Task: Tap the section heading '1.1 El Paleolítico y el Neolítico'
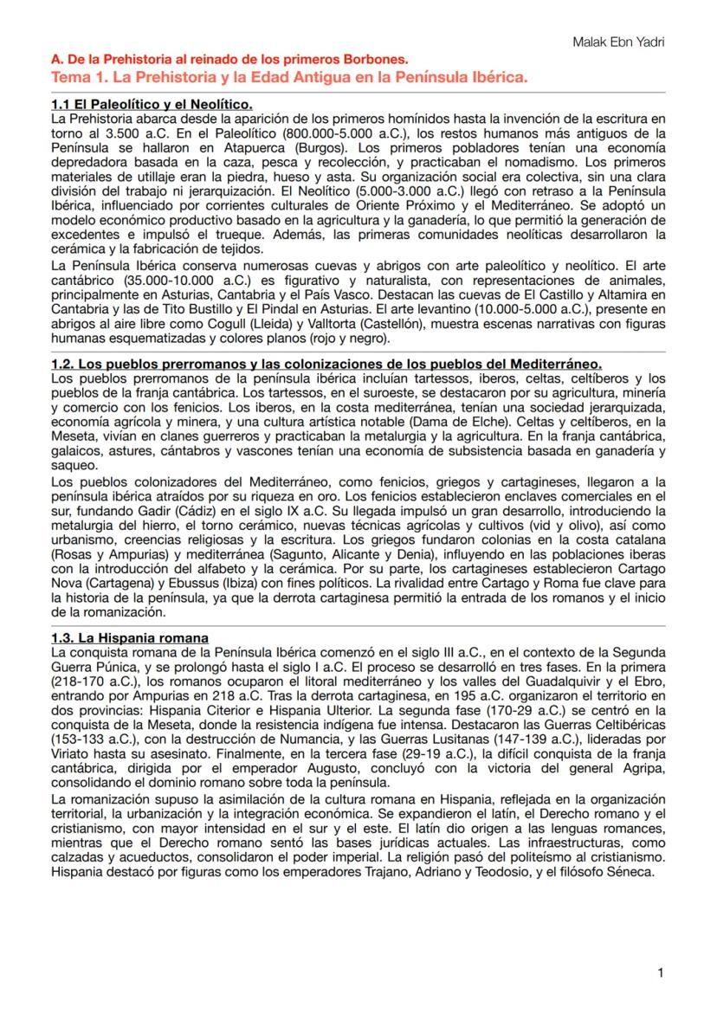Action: point(152,105)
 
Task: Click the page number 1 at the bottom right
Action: point(661,973)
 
